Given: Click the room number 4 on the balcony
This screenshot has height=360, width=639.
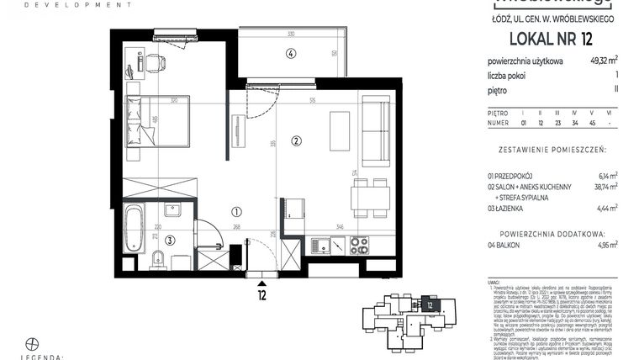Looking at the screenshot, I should coord(291,54).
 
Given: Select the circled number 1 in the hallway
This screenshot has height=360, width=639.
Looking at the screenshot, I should coord(236,213).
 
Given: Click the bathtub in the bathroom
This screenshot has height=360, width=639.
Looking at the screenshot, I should coord(134,227).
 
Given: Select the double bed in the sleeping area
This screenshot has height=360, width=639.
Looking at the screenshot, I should coord(157,119).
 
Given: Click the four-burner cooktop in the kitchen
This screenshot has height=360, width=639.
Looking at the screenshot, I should coord(359,245).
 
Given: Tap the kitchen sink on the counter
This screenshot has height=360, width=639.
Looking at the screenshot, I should coord(321,246).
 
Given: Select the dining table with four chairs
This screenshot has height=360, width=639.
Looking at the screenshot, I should coord(370,197).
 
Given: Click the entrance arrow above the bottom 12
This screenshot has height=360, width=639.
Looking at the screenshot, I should coord(262,284).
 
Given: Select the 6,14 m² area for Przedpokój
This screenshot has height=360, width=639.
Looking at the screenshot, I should coord(606,175).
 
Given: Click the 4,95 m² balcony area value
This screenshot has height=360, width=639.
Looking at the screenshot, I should coord(605,244).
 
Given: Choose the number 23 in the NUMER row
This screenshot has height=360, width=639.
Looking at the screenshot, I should coord(559,123).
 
